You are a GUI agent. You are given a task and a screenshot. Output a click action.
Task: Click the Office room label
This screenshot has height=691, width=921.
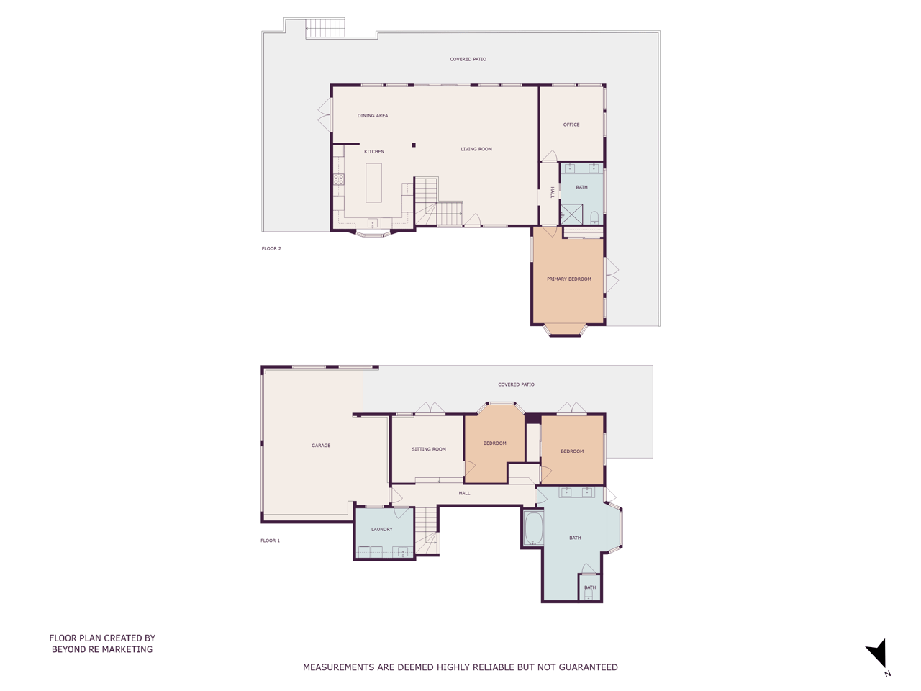pos(571,125)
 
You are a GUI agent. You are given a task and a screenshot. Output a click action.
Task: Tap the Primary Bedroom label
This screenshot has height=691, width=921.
pos(568,279)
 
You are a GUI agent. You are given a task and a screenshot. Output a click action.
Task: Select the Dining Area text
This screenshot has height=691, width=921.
pos(373,115)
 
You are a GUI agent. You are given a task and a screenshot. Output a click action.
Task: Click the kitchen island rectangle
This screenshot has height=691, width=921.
pos(374,183)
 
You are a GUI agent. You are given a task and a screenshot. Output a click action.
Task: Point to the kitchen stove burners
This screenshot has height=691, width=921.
pos(339,179)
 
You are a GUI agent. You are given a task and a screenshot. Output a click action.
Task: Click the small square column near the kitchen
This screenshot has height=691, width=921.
pos(414,145)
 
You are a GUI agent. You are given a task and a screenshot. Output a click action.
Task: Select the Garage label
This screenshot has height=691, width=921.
pos(321,446)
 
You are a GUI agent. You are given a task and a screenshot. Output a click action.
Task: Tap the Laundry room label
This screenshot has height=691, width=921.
pos(382,530)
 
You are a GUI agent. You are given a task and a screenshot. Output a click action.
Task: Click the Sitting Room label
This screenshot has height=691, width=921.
pos(429,449)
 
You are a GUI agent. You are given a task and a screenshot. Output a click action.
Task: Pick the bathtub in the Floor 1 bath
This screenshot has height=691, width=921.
pos(534,528)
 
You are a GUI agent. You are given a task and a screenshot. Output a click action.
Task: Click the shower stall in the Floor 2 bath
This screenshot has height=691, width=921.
pos(571,214)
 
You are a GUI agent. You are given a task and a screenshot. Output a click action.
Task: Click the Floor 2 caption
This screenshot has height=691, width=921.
pos(271,249)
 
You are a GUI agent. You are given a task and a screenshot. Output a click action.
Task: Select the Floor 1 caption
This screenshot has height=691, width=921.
pos(271,541)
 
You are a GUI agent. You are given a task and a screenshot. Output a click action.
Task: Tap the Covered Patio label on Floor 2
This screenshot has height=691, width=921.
pos(468,60)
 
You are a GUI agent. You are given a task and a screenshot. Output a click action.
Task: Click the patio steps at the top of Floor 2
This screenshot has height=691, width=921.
pos(325,29)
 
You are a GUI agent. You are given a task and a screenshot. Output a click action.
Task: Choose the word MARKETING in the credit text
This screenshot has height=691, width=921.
pos(130,649)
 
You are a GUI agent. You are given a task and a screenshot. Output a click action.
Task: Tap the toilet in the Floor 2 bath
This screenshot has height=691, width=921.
pos(594,217)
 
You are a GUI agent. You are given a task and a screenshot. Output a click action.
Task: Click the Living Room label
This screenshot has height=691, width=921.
pos(476,149)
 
